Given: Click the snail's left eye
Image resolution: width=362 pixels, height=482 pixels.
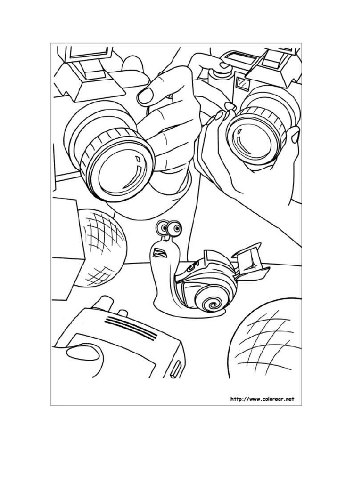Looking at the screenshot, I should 164,229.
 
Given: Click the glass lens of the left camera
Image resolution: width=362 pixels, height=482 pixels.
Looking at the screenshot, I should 120,172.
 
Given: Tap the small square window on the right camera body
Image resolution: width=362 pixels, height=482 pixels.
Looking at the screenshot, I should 243,85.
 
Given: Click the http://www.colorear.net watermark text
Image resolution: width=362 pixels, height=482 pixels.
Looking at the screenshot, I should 262,399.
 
